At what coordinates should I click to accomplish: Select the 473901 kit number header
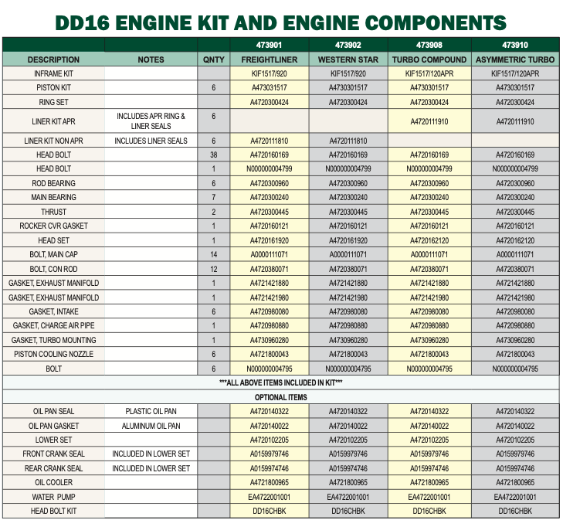click(270, 45)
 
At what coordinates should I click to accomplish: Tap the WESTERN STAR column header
click(348, 59)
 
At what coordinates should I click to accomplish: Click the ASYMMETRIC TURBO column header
click(515, 59)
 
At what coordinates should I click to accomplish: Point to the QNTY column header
click(214, 59)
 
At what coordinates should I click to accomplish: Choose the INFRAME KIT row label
click(53, 73)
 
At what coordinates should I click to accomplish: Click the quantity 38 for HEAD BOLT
click(214, 155)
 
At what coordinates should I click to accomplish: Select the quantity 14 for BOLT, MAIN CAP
click(214, 253)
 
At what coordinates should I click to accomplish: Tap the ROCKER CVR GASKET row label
click(53, 226)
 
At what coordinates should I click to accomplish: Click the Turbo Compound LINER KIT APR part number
click(429, 121)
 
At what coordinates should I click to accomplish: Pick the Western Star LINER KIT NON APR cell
click(348, 141)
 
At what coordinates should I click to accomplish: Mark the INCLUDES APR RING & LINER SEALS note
click(151, 121)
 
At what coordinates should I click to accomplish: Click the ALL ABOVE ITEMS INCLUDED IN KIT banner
click(280, 382)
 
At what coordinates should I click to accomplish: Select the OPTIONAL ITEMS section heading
click(280, 397)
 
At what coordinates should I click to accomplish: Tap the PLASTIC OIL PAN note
click(151, 411)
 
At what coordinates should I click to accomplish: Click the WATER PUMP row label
click(53, 497)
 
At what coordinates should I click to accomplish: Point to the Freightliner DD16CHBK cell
click(270, 511)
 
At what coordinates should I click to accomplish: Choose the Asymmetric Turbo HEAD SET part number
click(515, 240)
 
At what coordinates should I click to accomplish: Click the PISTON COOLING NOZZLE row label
click(53, 354)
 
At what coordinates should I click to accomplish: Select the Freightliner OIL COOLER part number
click(270, 482)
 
